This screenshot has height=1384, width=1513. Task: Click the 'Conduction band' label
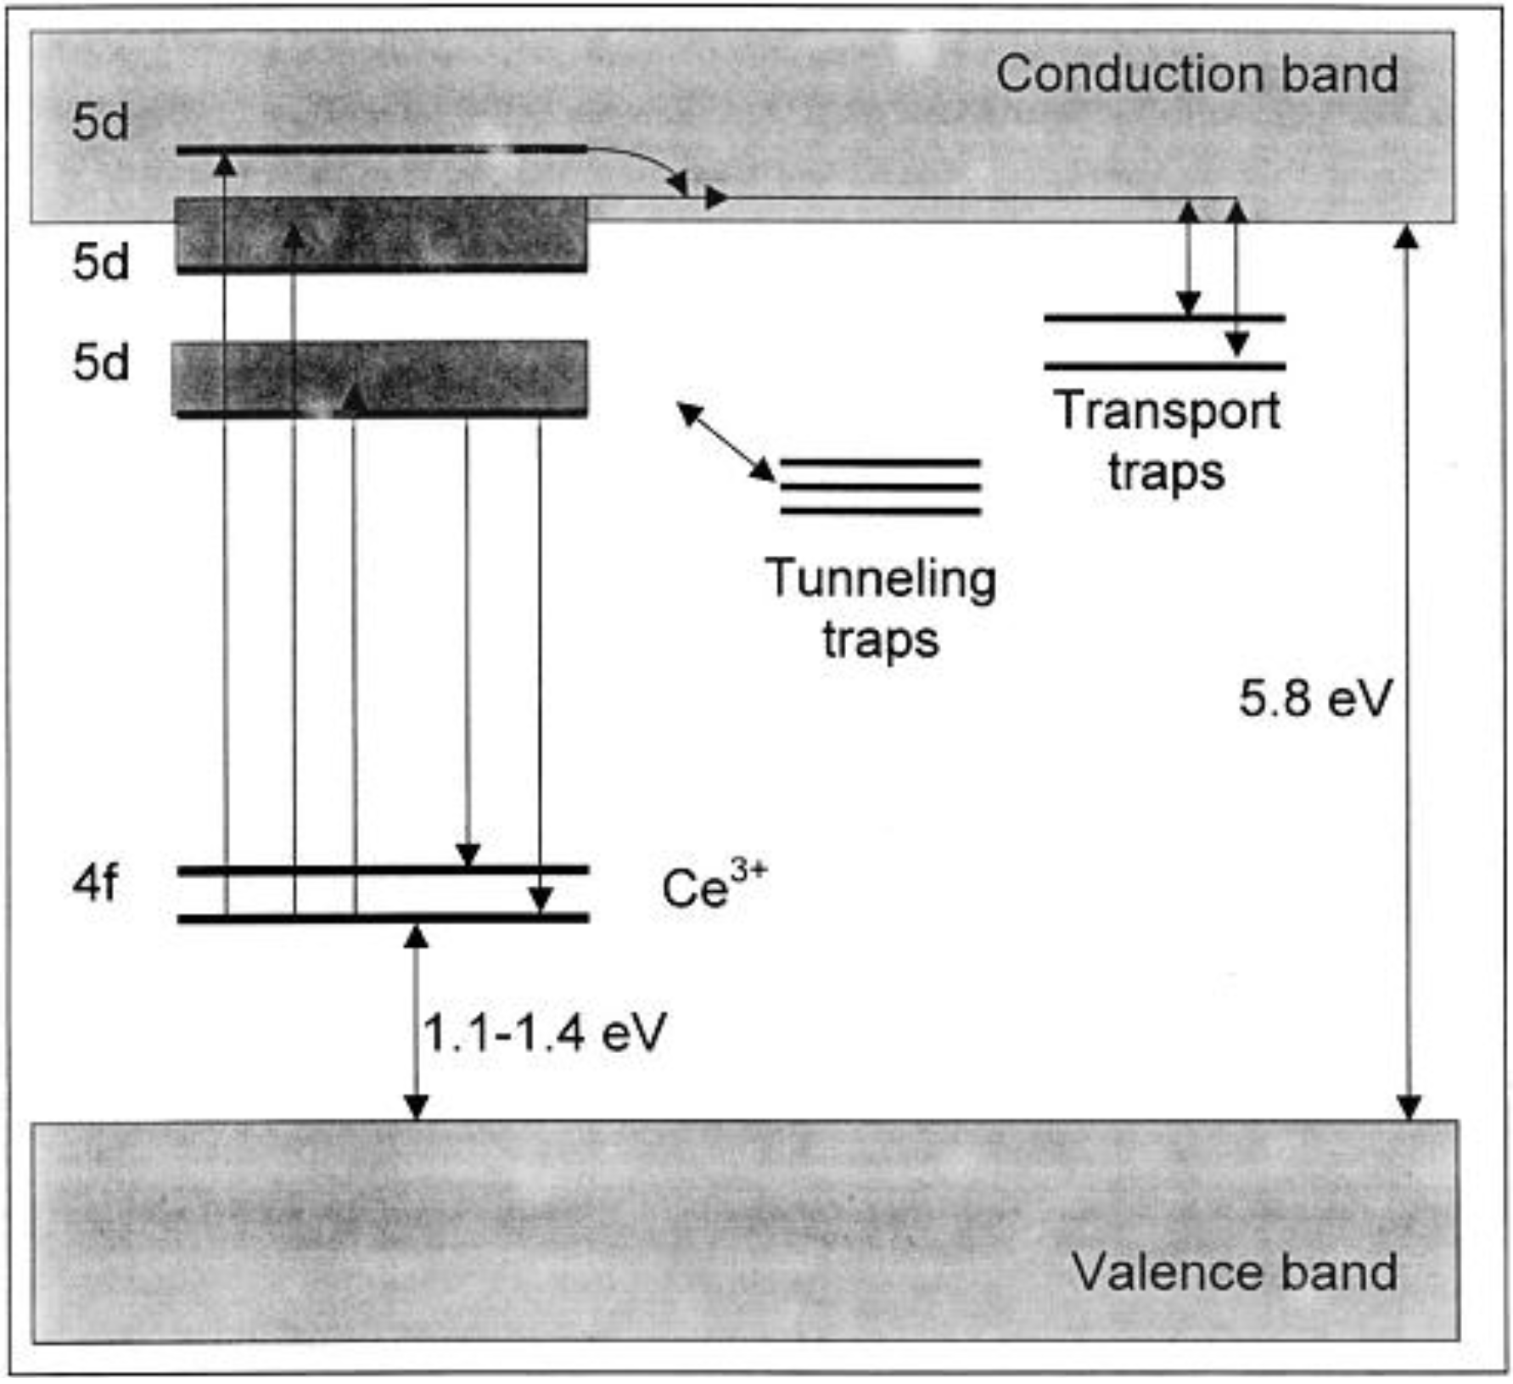(1196, 75)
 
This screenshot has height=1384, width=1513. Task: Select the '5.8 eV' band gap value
(1314, 699)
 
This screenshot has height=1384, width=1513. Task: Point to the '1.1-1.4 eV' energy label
(544, 1033)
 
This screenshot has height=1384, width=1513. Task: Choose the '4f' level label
(95, 883)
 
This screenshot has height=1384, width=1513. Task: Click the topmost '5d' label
(101, 123)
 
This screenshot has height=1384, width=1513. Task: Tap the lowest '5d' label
(101, 363)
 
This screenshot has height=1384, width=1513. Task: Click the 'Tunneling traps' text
(881, 608)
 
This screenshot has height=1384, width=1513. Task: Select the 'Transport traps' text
(1167, 440)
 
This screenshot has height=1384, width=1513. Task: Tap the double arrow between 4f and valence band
(416, 1022)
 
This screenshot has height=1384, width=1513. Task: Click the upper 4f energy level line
(382, 870)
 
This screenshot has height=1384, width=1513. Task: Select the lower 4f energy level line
(382, 918)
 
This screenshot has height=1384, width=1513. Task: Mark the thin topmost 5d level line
(382, 150)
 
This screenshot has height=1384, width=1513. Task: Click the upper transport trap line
(1164, 318)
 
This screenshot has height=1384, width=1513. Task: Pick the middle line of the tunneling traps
(880, 487)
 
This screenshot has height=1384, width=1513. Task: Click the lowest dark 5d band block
(380, 378)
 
